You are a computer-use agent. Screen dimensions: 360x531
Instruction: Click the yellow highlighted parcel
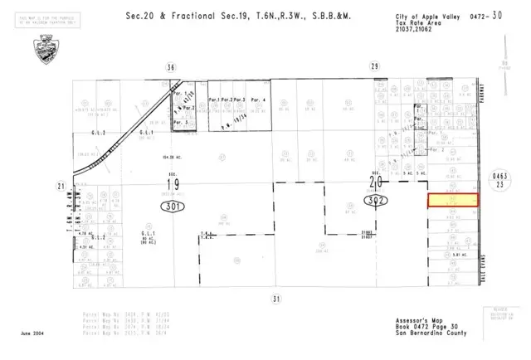pyautogui.click(x=453, y=201)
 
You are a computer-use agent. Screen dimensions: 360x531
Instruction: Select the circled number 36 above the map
pyautogui.click(x=171, y=66)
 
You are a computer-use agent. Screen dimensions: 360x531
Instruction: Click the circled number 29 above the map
pyautogui.click(x=375, y=66)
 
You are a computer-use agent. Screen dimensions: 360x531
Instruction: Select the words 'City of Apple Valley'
pyautogui.click(x=417, y=16)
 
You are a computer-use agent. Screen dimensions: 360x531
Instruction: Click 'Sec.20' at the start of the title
pyautogui.click(x=139, y=15)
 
